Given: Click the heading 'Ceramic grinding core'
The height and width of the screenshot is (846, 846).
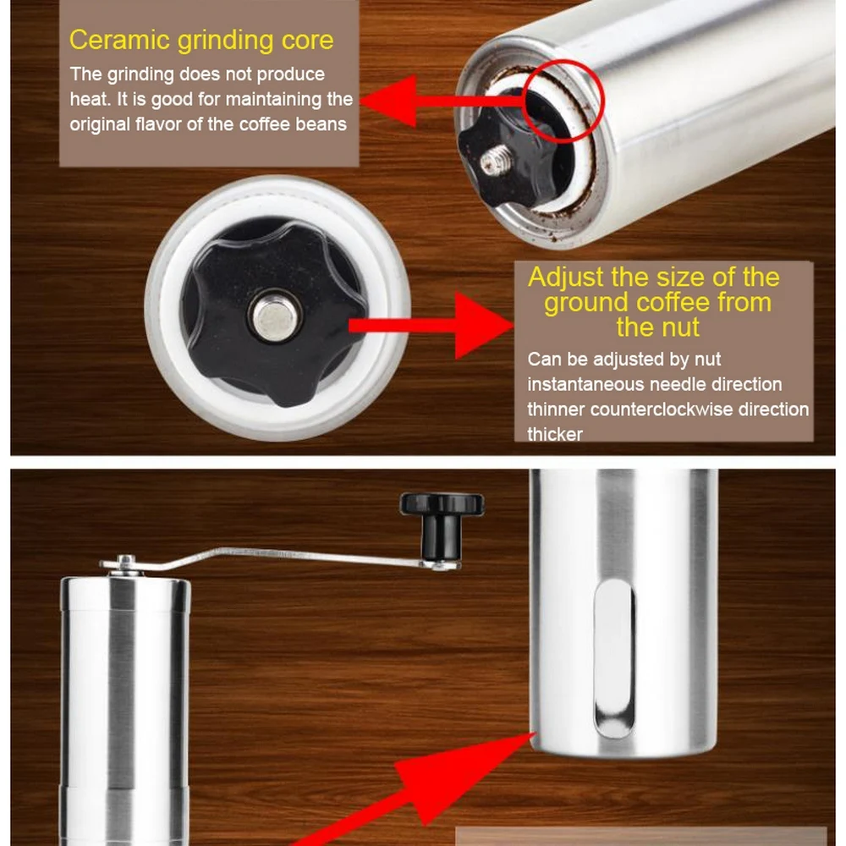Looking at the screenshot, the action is (201, 41).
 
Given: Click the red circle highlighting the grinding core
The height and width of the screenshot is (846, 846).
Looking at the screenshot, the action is (563, 101).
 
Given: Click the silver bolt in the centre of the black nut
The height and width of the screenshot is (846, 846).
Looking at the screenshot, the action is (275, 316).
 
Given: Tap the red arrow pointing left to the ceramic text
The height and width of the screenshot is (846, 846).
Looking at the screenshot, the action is (442, 101).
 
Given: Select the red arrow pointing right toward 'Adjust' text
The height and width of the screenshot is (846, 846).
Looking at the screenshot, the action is (431, 325).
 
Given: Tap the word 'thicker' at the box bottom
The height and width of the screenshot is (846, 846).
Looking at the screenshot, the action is (555, 434).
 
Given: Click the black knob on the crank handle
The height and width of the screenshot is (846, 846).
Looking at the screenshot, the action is (442, 525).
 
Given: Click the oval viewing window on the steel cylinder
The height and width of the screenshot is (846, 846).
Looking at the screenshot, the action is (614, 659).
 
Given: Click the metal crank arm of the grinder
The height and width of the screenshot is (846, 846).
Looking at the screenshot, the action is (281, 558).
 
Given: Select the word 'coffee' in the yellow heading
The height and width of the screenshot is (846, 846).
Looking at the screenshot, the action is (675, 302).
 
